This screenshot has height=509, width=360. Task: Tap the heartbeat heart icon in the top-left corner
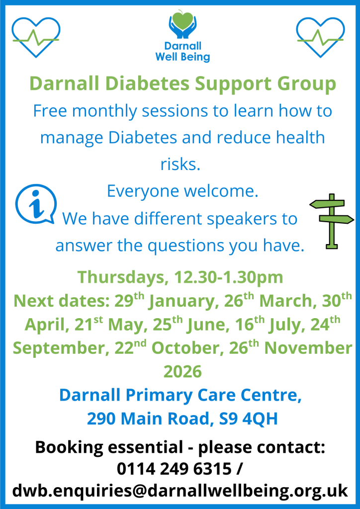[x=35, y=36]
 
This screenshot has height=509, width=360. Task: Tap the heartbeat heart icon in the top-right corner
[x=320, y=36]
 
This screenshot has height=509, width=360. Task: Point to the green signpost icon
[x=331, y=220]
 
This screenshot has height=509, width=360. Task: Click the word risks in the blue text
[x=180, y=164]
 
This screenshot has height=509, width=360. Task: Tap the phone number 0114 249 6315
[x=174, y=469]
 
